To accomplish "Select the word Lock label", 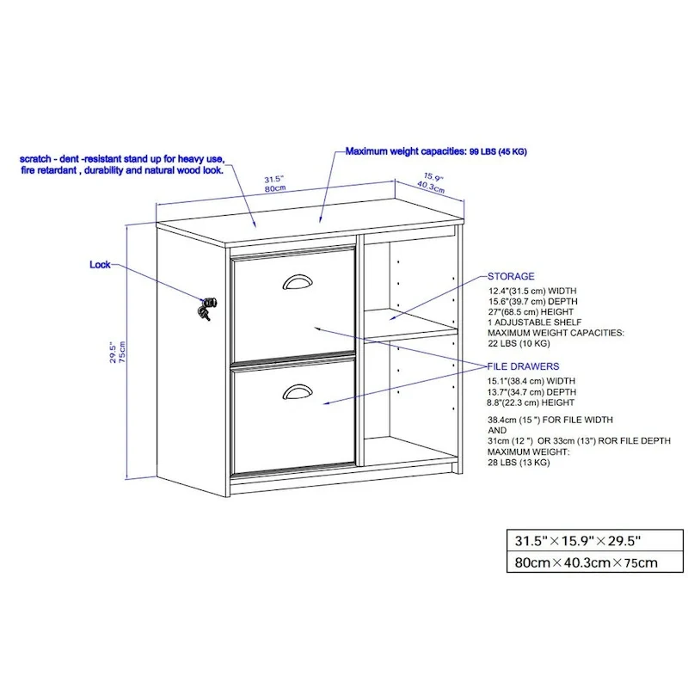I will [x=100, y=265].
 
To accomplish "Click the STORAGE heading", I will [x=511, y=277].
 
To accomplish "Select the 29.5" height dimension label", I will [x=112, y=353].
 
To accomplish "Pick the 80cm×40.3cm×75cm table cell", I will [x=586, y=564].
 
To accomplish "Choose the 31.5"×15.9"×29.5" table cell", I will [x=577, y=542].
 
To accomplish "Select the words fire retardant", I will [x=51, y=170].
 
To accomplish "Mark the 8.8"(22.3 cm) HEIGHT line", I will [x=531, y=402].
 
